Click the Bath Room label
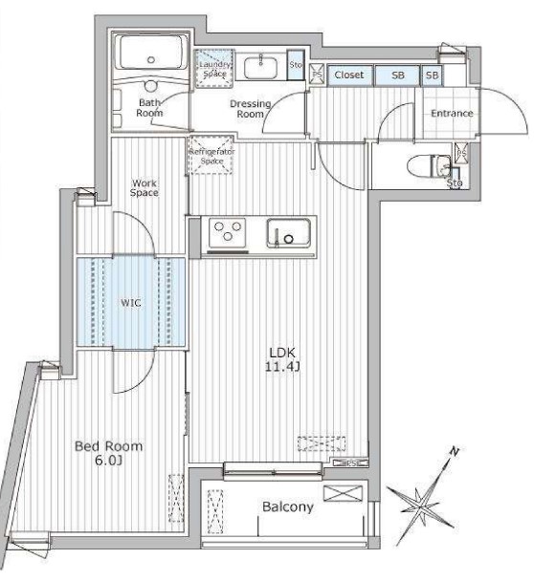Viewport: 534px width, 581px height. pos(150,107)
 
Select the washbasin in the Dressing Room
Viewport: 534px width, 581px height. pos(259,68)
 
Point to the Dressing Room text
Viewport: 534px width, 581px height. pos(250,108)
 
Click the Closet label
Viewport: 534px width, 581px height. pos(347,75)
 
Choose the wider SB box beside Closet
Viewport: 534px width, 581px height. pos(396,75)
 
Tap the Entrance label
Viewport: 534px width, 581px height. pos(452,114)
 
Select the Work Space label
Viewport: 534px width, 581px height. pos(145,187)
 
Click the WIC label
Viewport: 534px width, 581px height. pos(130,303)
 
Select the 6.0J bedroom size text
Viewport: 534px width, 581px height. pos(108,462)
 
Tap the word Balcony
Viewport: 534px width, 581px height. pos(287,507)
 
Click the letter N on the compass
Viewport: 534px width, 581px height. pos(456,451)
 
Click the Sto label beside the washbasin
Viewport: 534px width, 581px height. pos(297,67)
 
